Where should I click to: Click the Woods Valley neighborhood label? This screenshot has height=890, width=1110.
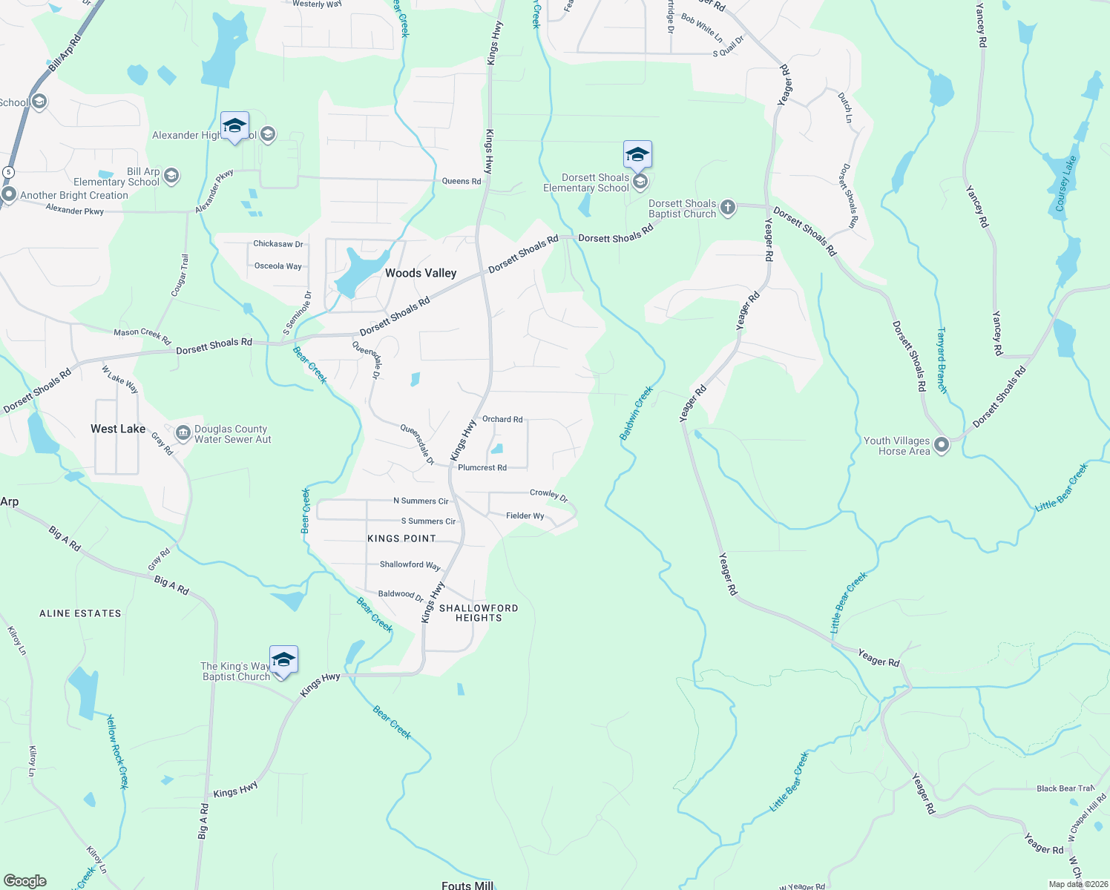click(x=421, y=273)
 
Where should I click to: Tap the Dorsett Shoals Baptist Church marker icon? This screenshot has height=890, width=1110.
click(x=728, y=208)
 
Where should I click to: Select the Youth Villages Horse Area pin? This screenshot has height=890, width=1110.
click(x=942, y=445)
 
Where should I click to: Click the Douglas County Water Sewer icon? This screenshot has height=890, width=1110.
click(x=183, y=433)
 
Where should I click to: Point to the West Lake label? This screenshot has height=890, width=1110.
click(x=118, y=429)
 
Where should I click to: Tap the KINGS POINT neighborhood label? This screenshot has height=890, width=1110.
click(x=401, y=538)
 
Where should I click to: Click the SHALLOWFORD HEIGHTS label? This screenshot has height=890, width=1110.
click(x=479, y=613)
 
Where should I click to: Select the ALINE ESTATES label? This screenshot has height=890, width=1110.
click(x=80, y=613)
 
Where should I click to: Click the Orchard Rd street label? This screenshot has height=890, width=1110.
click(x=502, y=419)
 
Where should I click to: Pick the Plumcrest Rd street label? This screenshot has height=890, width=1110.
click(x=482, y=467)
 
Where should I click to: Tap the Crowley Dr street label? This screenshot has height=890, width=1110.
click(x=549, y=495)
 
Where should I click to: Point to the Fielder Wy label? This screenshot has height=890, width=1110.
click(x=525, y=515)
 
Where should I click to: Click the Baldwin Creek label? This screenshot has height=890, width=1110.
click(x=637, y=413)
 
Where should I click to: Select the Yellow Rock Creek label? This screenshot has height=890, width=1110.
click(x=117, y=751)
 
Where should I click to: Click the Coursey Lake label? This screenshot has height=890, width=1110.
click(x=1065, y=183)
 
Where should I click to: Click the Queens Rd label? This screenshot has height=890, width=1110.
click(x=462, y=181)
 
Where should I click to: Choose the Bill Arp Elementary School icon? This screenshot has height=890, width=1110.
click(x=171, y=176)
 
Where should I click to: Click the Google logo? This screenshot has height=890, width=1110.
click(x=25, y=881)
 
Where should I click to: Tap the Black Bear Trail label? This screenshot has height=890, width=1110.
click(x=1065, y=788)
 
